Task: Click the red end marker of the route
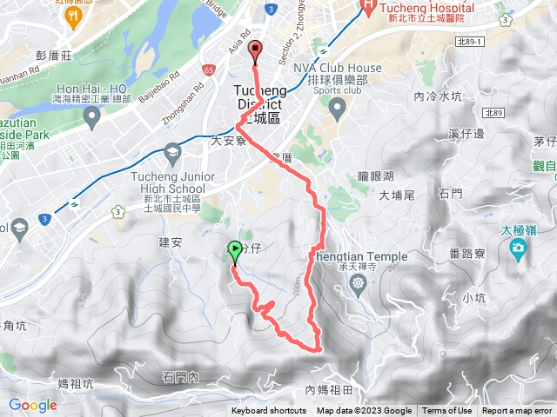(x=255, y=50)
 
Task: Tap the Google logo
(x=33, y=405)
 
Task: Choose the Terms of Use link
(x=447, y=411)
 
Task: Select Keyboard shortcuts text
(x=268, y=411)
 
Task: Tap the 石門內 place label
(x=181, y=376)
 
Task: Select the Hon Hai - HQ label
(x=91, y=89)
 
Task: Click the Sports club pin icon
(x=337, y=107)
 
